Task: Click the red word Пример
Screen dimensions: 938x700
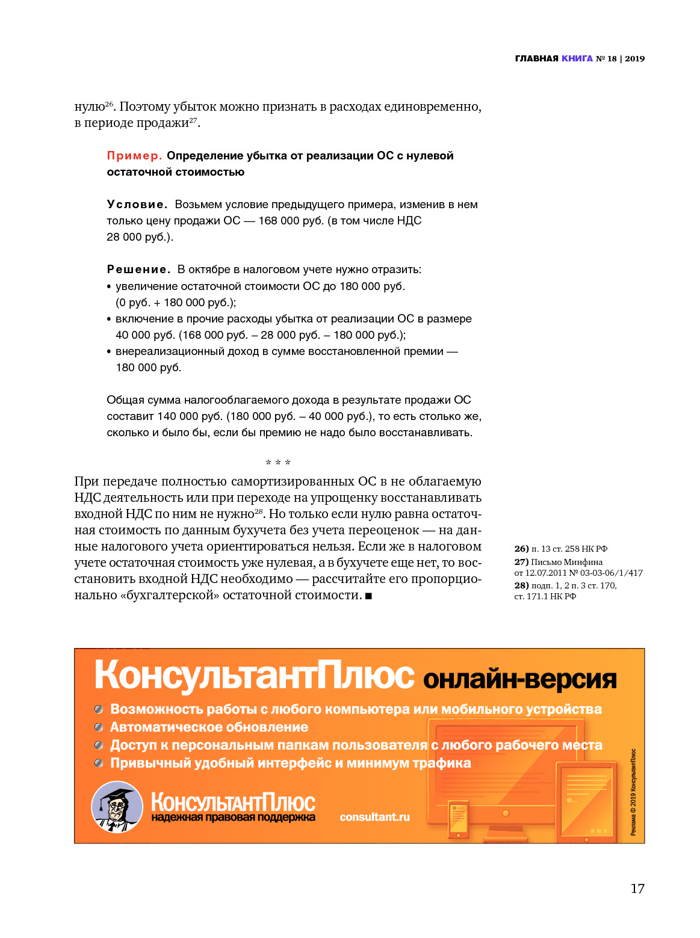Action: tap(134, 156)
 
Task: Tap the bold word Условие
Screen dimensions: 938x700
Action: tap(137, 205)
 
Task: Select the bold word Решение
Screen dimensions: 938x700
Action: tap(138, 270)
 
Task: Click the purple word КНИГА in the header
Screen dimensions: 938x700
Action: tap(577, 58)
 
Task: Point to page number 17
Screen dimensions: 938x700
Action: tap(637, 889)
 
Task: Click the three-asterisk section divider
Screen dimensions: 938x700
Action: tap(278, 463)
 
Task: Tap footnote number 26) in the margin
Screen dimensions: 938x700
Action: tap(521, 549)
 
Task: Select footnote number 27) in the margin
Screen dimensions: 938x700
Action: tap(521, 562)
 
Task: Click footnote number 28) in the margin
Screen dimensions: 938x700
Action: tap(521, 585)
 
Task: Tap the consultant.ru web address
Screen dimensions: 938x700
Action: tap(374, 817)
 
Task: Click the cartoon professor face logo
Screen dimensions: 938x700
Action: tap(117, 807)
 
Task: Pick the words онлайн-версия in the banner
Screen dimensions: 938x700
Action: tap(520, 679)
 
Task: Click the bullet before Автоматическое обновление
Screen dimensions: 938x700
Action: tap(99, 727)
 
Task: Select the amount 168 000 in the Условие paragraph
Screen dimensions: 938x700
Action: tap(279, 221)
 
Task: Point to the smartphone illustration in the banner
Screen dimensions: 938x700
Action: tap(458, 818)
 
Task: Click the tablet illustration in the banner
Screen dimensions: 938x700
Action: tap(586, 800)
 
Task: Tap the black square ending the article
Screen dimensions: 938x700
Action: tap(368, 596)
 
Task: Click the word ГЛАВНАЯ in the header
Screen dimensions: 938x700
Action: tap(536, 58)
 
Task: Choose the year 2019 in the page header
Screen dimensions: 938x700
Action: tap(634, 58)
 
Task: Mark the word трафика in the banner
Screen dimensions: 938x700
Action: tap(445, 763)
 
